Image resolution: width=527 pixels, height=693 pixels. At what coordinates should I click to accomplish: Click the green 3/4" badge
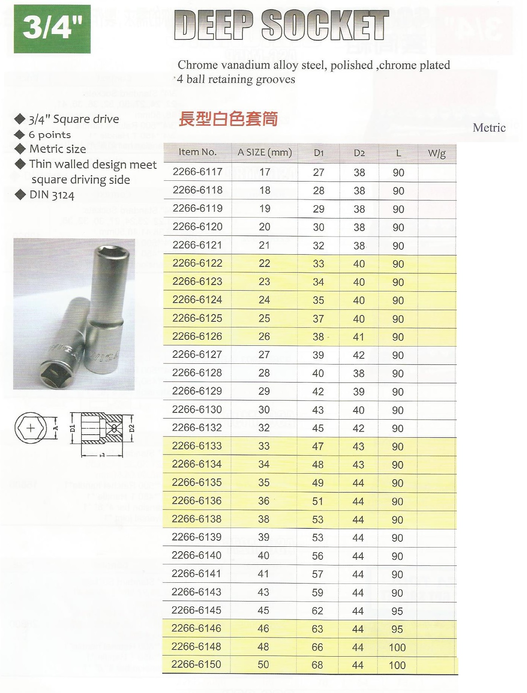tap(52, 29)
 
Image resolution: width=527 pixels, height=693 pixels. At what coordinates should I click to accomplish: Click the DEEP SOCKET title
tap(282, 25)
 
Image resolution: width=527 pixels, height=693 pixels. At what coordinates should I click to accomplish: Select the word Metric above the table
tap(489, 128)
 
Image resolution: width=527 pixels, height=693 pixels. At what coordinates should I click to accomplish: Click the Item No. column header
tap(197, 152)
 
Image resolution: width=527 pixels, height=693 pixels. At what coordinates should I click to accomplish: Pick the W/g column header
tap(437, 153)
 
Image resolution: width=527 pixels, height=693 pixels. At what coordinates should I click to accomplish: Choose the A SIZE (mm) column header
tap(265, 153)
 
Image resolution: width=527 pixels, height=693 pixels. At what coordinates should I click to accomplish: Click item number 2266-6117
tap(197, 172)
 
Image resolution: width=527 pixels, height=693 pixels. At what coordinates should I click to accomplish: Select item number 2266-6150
tap(196, 664)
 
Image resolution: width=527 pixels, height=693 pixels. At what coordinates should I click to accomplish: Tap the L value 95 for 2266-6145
tap(397, 611)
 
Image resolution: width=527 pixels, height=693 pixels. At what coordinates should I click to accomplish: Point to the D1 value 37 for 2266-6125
tap(318, 319)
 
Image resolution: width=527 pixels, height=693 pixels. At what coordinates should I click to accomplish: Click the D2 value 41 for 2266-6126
tap(358, 337)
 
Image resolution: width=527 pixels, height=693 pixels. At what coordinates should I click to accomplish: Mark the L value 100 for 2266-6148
tap(397, 647)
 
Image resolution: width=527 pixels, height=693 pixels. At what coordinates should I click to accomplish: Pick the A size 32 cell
tap(264, 428)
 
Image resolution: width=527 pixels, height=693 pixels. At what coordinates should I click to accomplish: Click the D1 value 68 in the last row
tap(317, 665)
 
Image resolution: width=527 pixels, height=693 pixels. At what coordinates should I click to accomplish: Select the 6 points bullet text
tap(50, 135)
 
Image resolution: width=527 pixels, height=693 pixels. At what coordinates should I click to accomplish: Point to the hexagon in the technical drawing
tap(31, 428)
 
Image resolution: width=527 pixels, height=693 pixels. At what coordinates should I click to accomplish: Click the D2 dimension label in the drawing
tap(131, 428)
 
